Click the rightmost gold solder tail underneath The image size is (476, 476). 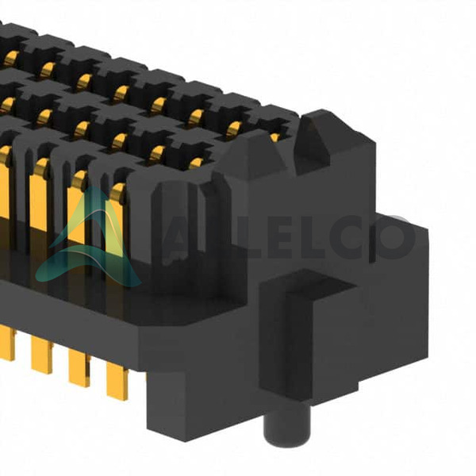pyautogui.click(x=117, y=381)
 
